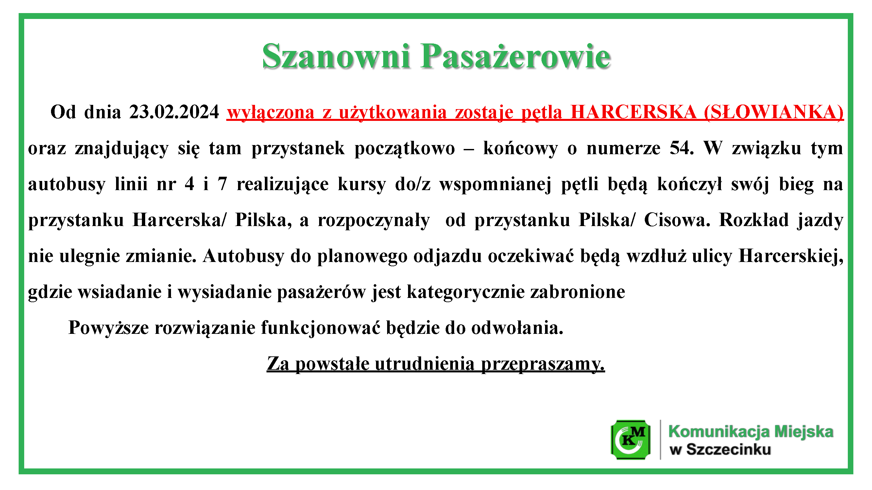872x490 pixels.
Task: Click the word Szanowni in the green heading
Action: pyautogui.click(x=336, y=56)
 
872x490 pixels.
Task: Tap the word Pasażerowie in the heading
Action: pyautogui.click(x=516, y=56)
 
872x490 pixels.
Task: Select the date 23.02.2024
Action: pyautogui.click(x=174, y=112)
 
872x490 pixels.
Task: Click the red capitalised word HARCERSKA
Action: pyautogui.click(x=633, y=112)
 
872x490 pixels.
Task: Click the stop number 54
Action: pyautogui.click(x=681, y=148)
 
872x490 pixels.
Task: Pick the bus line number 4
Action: pyautogui.click(x=189, y=184)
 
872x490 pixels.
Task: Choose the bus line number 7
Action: pyautogui.click(x=222, y=184)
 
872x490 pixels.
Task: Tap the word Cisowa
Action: pyautogui.click(x=677, y=220)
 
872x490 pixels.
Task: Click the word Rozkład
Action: pyautogui.click(x=754, y=220)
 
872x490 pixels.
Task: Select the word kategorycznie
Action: pyautogui.click(x=466, y=292)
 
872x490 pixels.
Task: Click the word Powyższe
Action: pyautogui.click(x=108, y=328)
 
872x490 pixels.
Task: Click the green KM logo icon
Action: pyautogui.click(x=631, y=440)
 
